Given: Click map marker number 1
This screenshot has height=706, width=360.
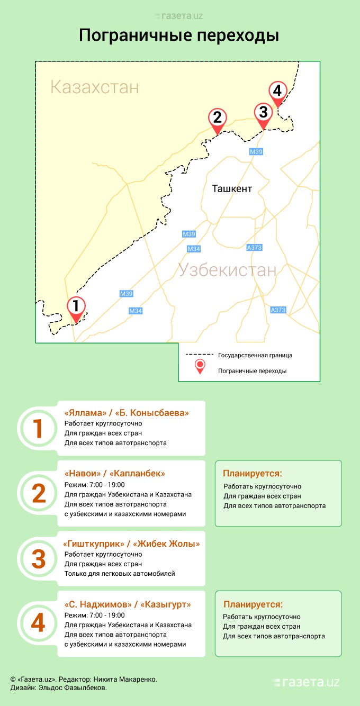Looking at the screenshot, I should coord(76,307).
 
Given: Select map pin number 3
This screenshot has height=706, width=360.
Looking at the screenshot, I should coord(263,114).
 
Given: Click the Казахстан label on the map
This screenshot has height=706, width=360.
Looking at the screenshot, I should coord(94,87).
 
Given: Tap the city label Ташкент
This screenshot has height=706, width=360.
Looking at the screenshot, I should coord(232,189).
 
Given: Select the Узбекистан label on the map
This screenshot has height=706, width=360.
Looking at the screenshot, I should coord(227,270).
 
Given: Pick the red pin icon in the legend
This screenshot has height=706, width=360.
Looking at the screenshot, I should coord(200,366).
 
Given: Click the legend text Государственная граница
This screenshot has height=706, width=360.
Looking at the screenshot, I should coord(255,355).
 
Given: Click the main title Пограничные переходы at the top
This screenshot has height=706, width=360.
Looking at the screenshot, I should coord(179,35).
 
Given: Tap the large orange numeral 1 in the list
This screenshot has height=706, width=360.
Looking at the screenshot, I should coord(38,429).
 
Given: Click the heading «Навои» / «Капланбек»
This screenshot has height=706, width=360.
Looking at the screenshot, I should coord(114,473).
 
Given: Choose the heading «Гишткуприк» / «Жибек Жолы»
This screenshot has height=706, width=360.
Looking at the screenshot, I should coord(131,544).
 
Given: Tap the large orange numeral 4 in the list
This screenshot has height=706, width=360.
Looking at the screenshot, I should coord(38,623).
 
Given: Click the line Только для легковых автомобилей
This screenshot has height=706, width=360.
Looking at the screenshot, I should coord(120,574).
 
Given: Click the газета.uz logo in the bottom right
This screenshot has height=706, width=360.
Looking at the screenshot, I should coord(306,683).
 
